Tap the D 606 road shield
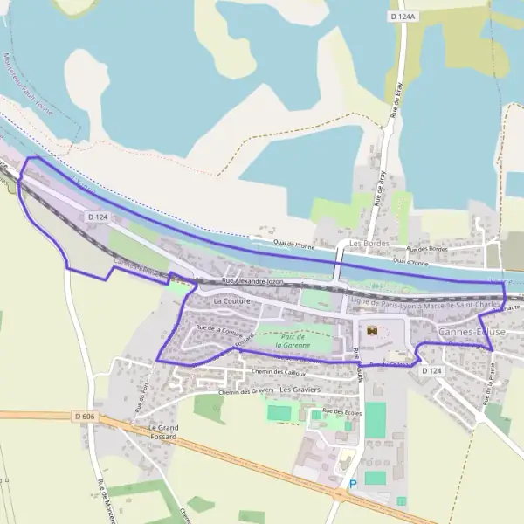[x=85, y=417]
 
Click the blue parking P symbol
[x=353, y=484]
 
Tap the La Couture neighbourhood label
[x=231, y=300]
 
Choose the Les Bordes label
[x=367, y=243]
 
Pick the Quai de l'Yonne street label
[x=293, y=245]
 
